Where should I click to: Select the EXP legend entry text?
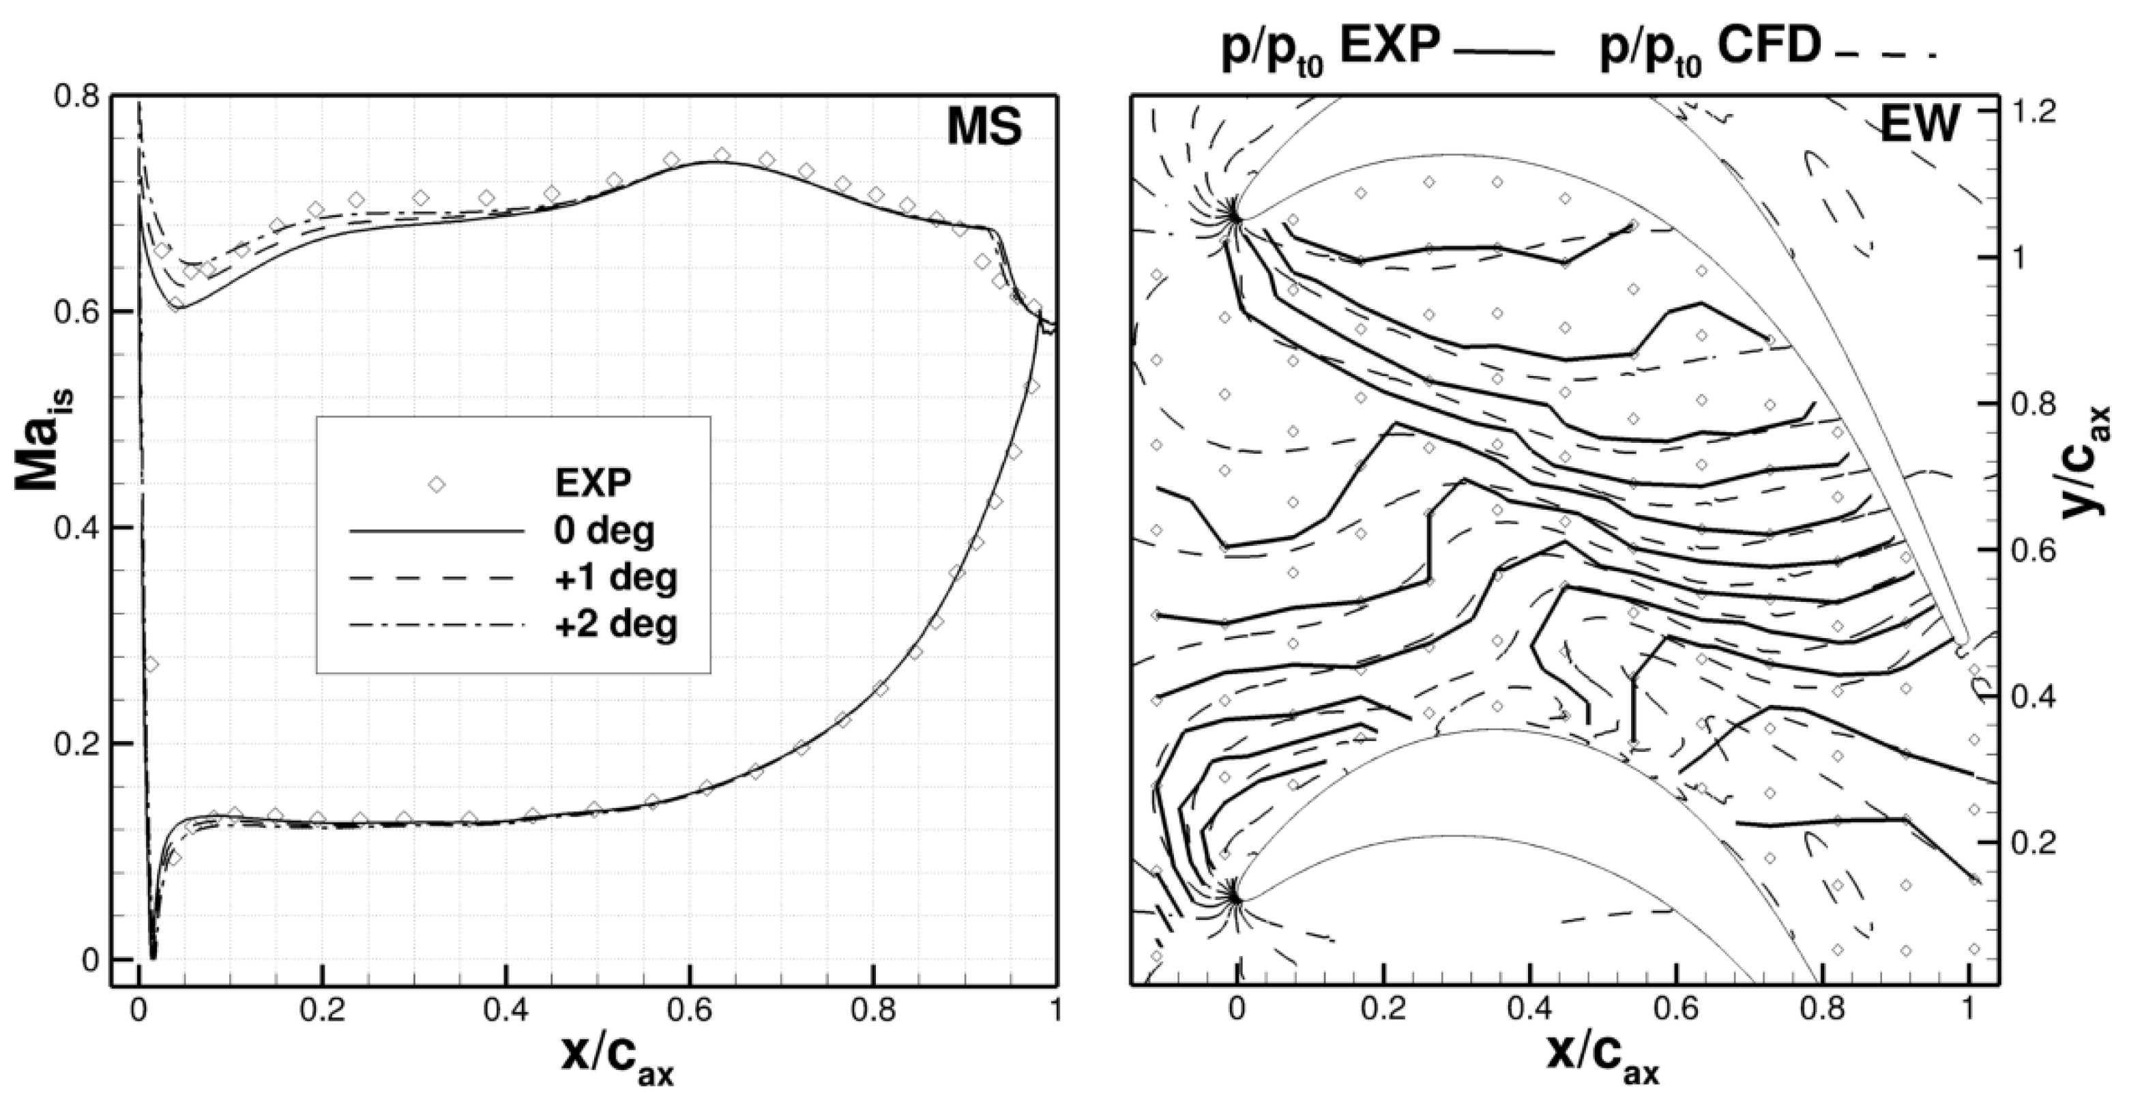tap(593, 484)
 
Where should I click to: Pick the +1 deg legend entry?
tap(616, 578)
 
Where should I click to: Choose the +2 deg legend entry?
tap(616, 624)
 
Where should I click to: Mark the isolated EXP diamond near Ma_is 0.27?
tap(151, 664)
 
